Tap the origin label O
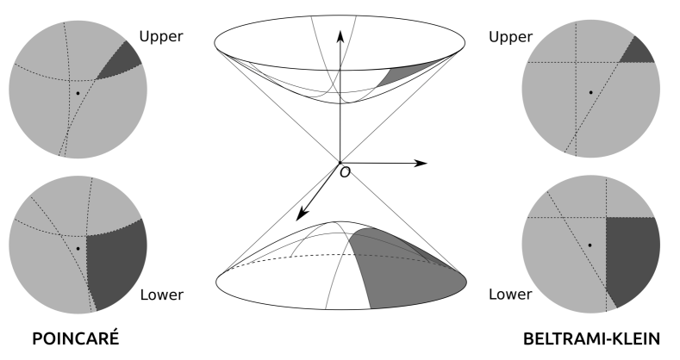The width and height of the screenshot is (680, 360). point(346,172)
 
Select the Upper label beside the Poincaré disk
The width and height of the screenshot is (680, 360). point(163,38)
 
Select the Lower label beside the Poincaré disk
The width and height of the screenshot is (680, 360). point(161,295)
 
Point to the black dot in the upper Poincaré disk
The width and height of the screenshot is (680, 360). point(78,92)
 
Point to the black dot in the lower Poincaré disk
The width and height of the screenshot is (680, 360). point(78,248)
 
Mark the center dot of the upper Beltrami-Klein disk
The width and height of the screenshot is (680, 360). point(590,91)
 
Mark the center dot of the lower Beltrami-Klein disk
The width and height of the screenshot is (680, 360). point(590,245)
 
